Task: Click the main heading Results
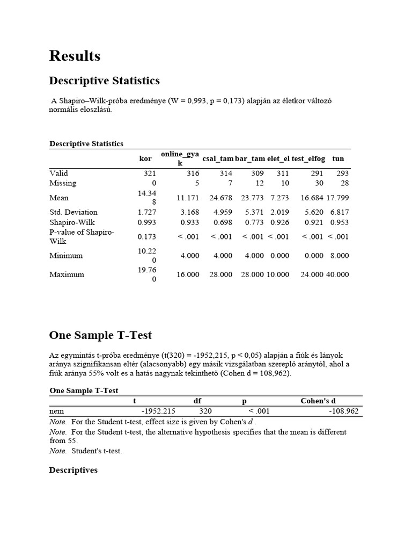coord(75,56)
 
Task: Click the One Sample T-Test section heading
coord(100,335)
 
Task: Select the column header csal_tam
coord(218,158)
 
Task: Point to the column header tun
coord(338,158)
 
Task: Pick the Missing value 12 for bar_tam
coord(259,183)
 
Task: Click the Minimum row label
coord(66,256)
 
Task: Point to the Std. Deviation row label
coord(73,212)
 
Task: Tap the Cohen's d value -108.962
coord(344,411)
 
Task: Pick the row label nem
coord(56,411)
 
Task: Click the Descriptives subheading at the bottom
coord(73,470)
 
